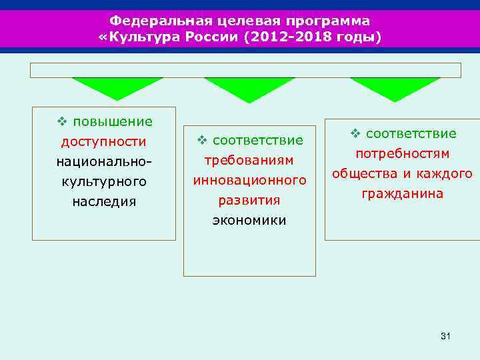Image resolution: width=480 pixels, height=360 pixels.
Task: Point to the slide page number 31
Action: point(445,336)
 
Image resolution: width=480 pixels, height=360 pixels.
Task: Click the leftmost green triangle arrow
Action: point(117,87)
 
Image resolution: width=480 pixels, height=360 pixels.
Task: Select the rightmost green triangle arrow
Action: point(395,87)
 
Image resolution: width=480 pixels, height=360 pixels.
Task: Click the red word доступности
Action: point(103,141)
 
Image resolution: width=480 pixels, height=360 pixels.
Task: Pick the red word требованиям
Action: point(249,160)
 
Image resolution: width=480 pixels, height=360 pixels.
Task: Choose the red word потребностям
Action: point(402,154)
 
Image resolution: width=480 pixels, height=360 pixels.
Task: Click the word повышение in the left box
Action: point(113,121)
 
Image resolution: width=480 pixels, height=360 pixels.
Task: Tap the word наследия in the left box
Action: point(104,201)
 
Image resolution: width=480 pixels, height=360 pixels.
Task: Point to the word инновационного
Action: point(249,180)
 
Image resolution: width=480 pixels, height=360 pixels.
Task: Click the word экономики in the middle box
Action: point(249,220)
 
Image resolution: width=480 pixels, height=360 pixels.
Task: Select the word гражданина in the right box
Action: point(402,194)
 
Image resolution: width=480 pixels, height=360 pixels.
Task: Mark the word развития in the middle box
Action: point(249,200)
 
